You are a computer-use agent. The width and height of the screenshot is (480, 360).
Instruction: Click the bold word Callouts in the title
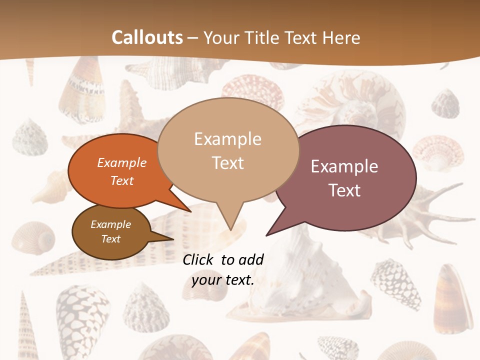pyautogui.click(x=147, y=37)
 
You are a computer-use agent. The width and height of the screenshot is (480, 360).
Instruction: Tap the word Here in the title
pyautogui.click(x=340, y=37)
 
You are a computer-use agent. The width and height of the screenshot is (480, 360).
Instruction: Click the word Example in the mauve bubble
pyautogui.click(x=344, y=166)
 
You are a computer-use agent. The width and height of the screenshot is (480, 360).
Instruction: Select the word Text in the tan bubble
pyautogui.click(x=228, y=163)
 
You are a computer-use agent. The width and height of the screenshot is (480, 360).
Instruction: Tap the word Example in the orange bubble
pyautogui.click(x=122, y=163)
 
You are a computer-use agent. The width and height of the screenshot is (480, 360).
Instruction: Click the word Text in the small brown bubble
pyautogui.click(x=111, y=239)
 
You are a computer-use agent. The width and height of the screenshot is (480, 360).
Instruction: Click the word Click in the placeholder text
pyautogui.click(x=197, y=259)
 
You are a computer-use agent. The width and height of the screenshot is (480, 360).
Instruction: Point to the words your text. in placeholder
pyautogui.click(x=223, y=280)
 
